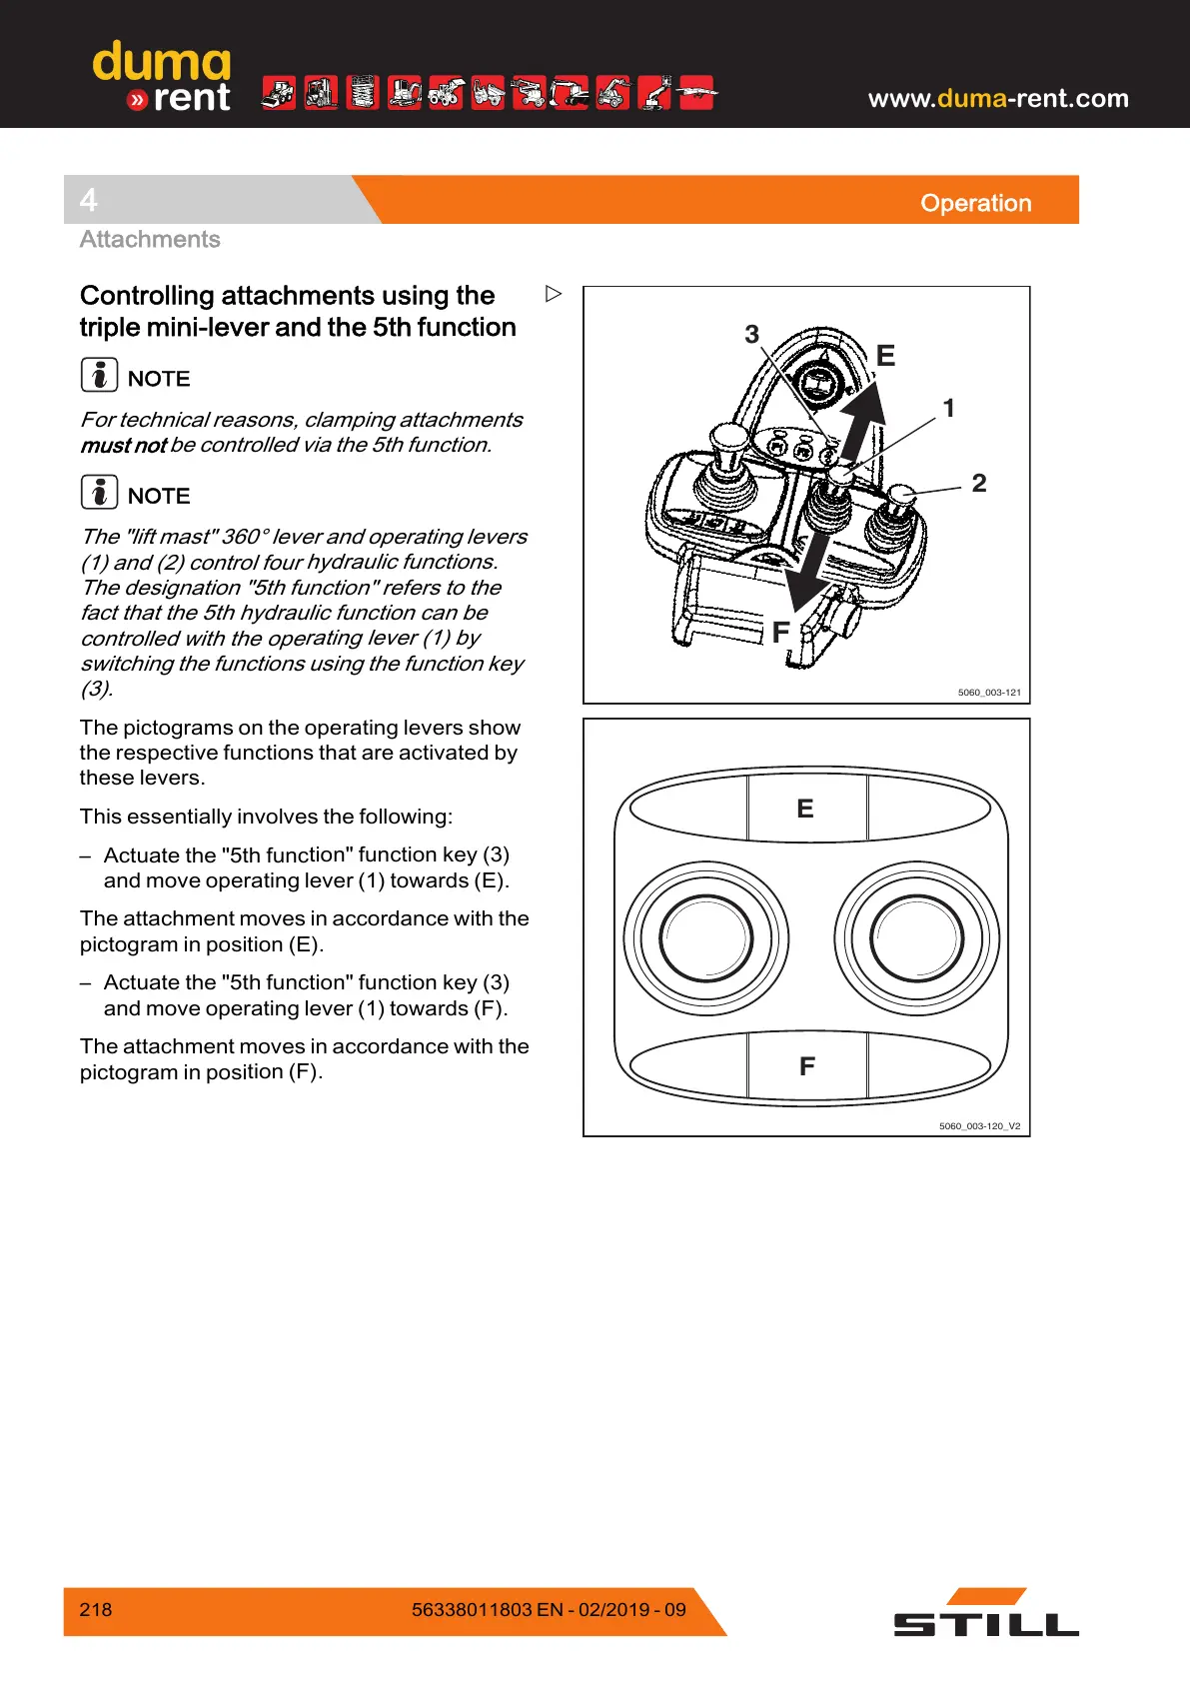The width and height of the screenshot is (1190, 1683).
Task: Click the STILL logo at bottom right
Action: (x=985, y=1614)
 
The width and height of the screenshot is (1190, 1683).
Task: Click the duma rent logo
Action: (x=162, y=77)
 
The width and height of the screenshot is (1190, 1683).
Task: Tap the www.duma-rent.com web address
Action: (x=997, y=98)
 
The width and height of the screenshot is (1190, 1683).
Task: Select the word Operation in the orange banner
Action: (x=975, y=203)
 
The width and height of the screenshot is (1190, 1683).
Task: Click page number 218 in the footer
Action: (x=96, y=1609)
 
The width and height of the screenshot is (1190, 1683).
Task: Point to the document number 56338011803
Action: (x=472, y=1609)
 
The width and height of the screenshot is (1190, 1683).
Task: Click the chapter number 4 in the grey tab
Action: (x=89, y=200)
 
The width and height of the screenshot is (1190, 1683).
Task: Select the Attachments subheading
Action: (x=150, y=239)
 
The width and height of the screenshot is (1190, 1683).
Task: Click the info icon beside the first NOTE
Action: (x=99, y=375)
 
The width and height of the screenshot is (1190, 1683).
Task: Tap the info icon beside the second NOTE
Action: (x=99, y=492)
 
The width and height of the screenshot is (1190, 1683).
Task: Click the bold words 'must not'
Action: (x=123, y=445)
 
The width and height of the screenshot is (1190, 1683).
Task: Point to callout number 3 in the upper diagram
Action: (x=752, y=334)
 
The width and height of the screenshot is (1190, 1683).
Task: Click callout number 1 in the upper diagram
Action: (x=948, y=408)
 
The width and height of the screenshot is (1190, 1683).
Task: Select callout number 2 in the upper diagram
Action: (x=979, y=483)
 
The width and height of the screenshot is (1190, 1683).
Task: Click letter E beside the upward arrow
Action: (x=885, y=356)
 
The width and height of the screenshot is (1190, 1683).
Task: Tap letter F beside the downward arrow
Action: (x=780, y=632)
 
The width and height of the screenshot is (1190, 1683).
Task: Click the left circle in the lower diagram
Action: (x=705, y=938)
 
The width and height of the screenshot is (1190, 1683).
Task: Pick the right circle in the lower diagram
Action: (x=916, y=938)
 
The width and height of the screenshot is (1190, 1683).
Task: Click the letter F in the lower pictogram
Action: (x=807, y=1066)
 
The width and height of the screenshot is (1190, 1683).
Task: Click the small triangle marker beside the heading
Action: (x=554, y=294)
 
